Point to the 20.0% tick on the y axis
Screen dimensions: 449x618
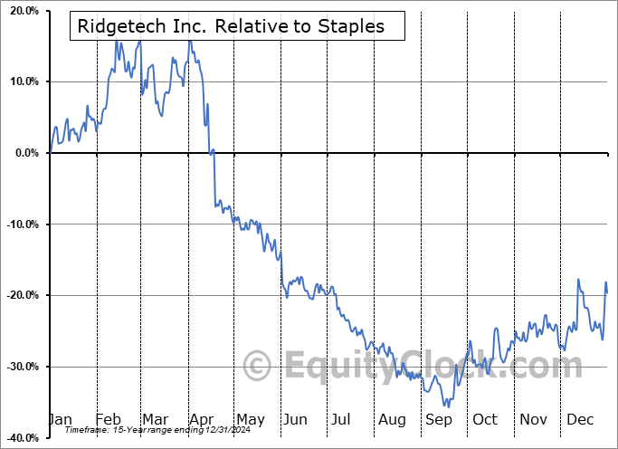[24, 11]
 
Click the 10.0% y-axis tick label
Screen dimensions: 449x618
[24, 81]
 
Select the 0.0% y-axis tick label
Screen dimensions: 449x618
[26, 153]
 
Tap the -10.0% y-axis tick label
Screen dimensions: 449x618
[22, 224]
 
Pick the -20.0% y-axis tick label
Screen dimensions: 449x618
[22, 295]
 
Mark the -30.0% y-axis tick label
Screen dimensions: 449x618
[22, 367]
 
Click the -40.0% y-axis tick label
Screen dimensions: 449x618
[22, 438]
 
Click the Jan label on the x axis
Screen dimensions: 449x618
[60, 419]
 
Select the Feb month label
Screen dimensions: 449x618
[108, 419]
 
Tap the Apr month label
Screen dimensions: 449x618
[201, 419]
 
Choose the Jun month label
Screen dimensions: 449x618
[295, 419]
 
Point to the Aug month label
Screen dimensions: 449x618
[393, 419]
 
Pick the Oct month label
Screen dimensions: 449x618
[485, 419]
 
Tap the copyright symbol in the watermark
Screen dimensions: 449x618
[258, 367]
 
